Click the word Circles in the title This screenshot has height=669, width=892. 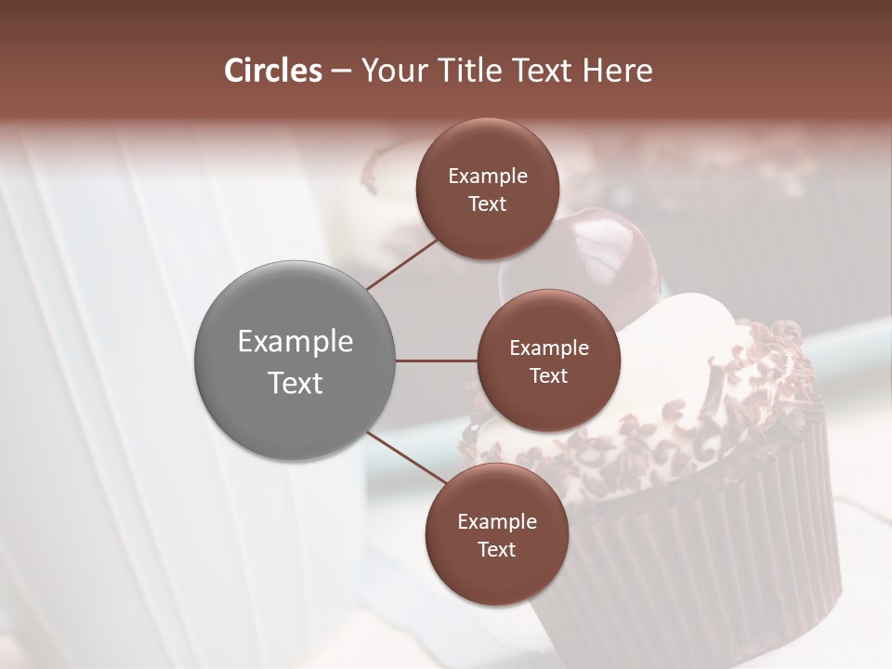click(x=272, y=71)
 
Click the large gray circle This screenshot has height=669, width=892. click(x=295, y=360)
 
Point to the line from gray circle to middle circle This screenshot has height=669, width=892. click(x=437, y=361)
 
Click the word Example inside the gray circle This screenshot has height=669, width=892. click(x=295, y=341)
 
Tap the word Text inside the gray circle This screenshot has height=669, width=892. click(x=295, y=382)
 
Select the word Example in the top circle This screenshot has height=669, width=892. click(x=488, y=176)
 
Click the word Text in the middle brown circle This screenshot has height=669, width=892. click(x=549, y=375)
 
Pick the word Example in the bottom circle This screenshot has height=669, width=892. click(x=496, y=521)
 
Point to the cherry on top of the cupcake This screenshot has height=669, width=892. click(x=613, y=251)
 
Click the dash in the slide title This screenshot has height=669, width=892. click(x=340, y=71)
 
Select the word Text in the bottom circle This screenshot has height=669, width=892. click(x=496, y=549)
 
